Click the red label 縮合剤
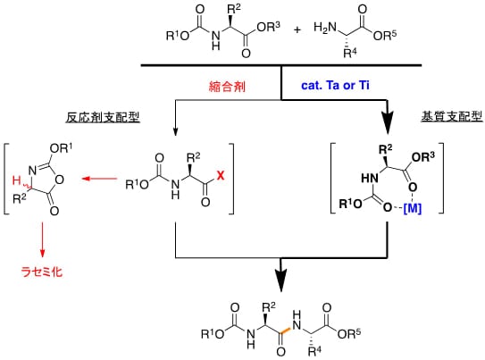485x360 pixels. (227, 87)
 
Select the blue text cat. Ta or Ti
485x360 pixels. (335, 85)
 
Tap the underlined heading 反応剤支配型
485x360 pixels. (103, 117)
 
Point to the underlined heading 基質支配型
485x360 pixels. (452, 116)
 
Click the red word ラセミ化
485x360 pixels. (42, 272)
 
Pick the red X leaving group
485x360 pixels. (221, 175)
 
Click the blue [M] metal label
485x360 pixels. (413, 208)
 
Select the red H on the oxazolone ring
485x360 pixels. (16, 180)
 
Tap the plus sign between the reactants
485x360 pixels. (297, 30)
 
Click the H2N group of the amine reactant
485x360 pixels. (325, 28)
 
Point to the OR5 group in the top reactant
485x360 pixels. (385, 35)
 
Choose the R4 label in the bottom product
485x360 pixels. (315, 351)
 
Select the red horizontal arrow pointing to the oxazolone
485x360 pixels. (100, 179)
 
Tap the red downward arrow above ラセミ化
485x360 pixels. (42, 239)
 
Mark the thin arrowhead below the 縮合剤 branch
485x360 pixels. (175, 131)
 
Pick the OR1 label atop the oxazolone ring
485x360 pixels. (62, 149)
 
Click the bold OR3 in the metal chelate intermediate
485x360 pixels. (423, 157)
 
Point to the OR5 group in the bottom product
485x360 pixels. (349, 333)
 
